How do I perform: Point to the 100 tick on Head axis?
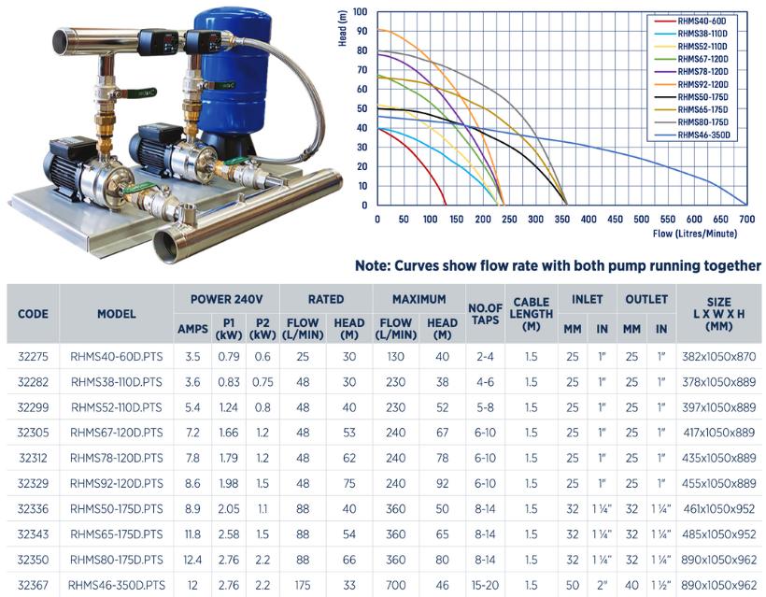click(x=361, y=13)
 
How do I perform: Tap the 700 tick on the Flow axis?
click(x=747, y=220)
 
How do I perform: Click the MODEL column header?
click(x=117, y=315)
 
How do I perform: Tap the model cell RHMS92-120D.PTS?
click(x=117, y=483)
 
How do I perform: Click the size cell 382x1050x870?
click(x=718, y=357)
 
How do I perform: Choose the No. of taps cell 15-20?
click(x=485, y=584)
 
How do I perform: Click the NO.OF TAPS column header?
click(x=485, y=315)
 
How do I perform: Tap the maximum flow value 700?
click(x=395, y=584)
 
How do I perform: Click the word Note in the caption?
click(x=376, y=266)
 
